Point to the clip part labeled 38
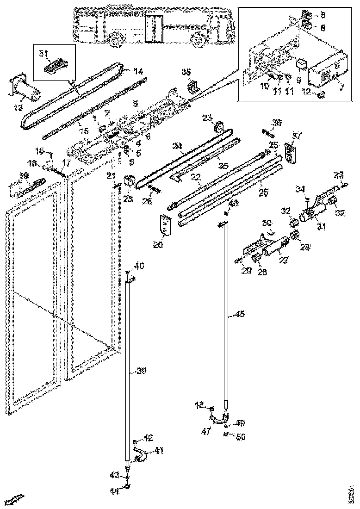point(194,87)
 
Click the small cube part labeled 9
point(303,62)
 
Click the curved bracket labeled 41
point(140,455)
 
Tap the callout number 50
point(241,436)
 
